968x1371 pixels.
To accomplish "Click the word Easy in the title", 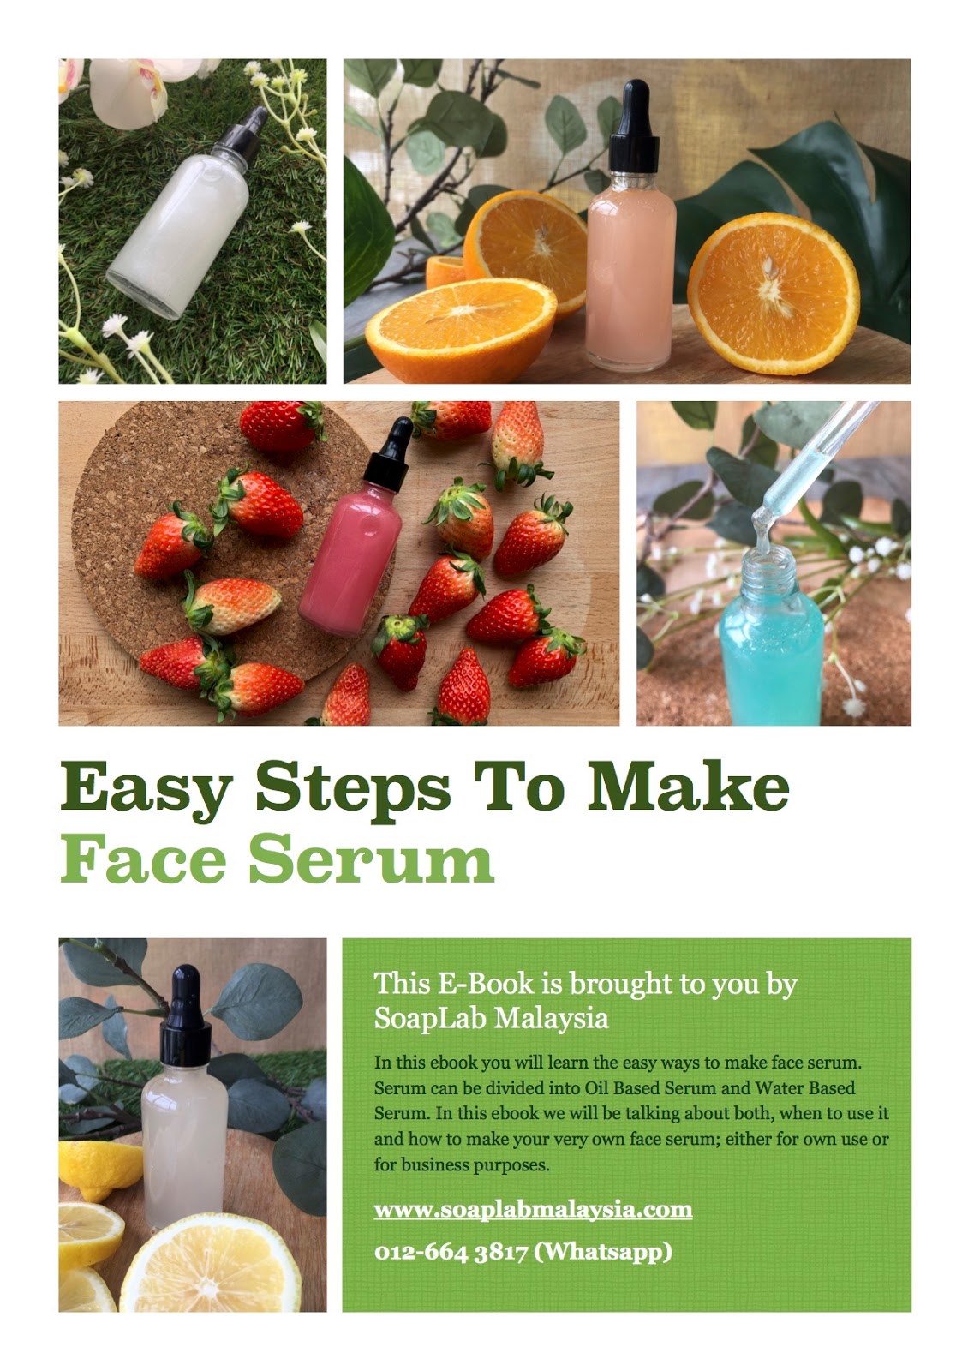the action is tap(146, 788).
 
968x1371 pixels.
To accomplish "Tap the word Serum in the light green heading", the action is tap(371, 859).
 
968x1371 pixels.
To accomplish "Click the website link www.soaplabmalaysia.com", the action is tap(533, 1209).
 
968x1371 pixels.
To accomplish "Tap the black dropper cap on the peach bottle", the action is tap(635, 127).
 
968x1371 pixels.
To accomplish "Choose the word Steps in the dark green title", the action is tap(353, 789).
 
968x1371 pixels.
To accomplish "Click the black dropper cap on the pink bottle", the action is tap(389, 455).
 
